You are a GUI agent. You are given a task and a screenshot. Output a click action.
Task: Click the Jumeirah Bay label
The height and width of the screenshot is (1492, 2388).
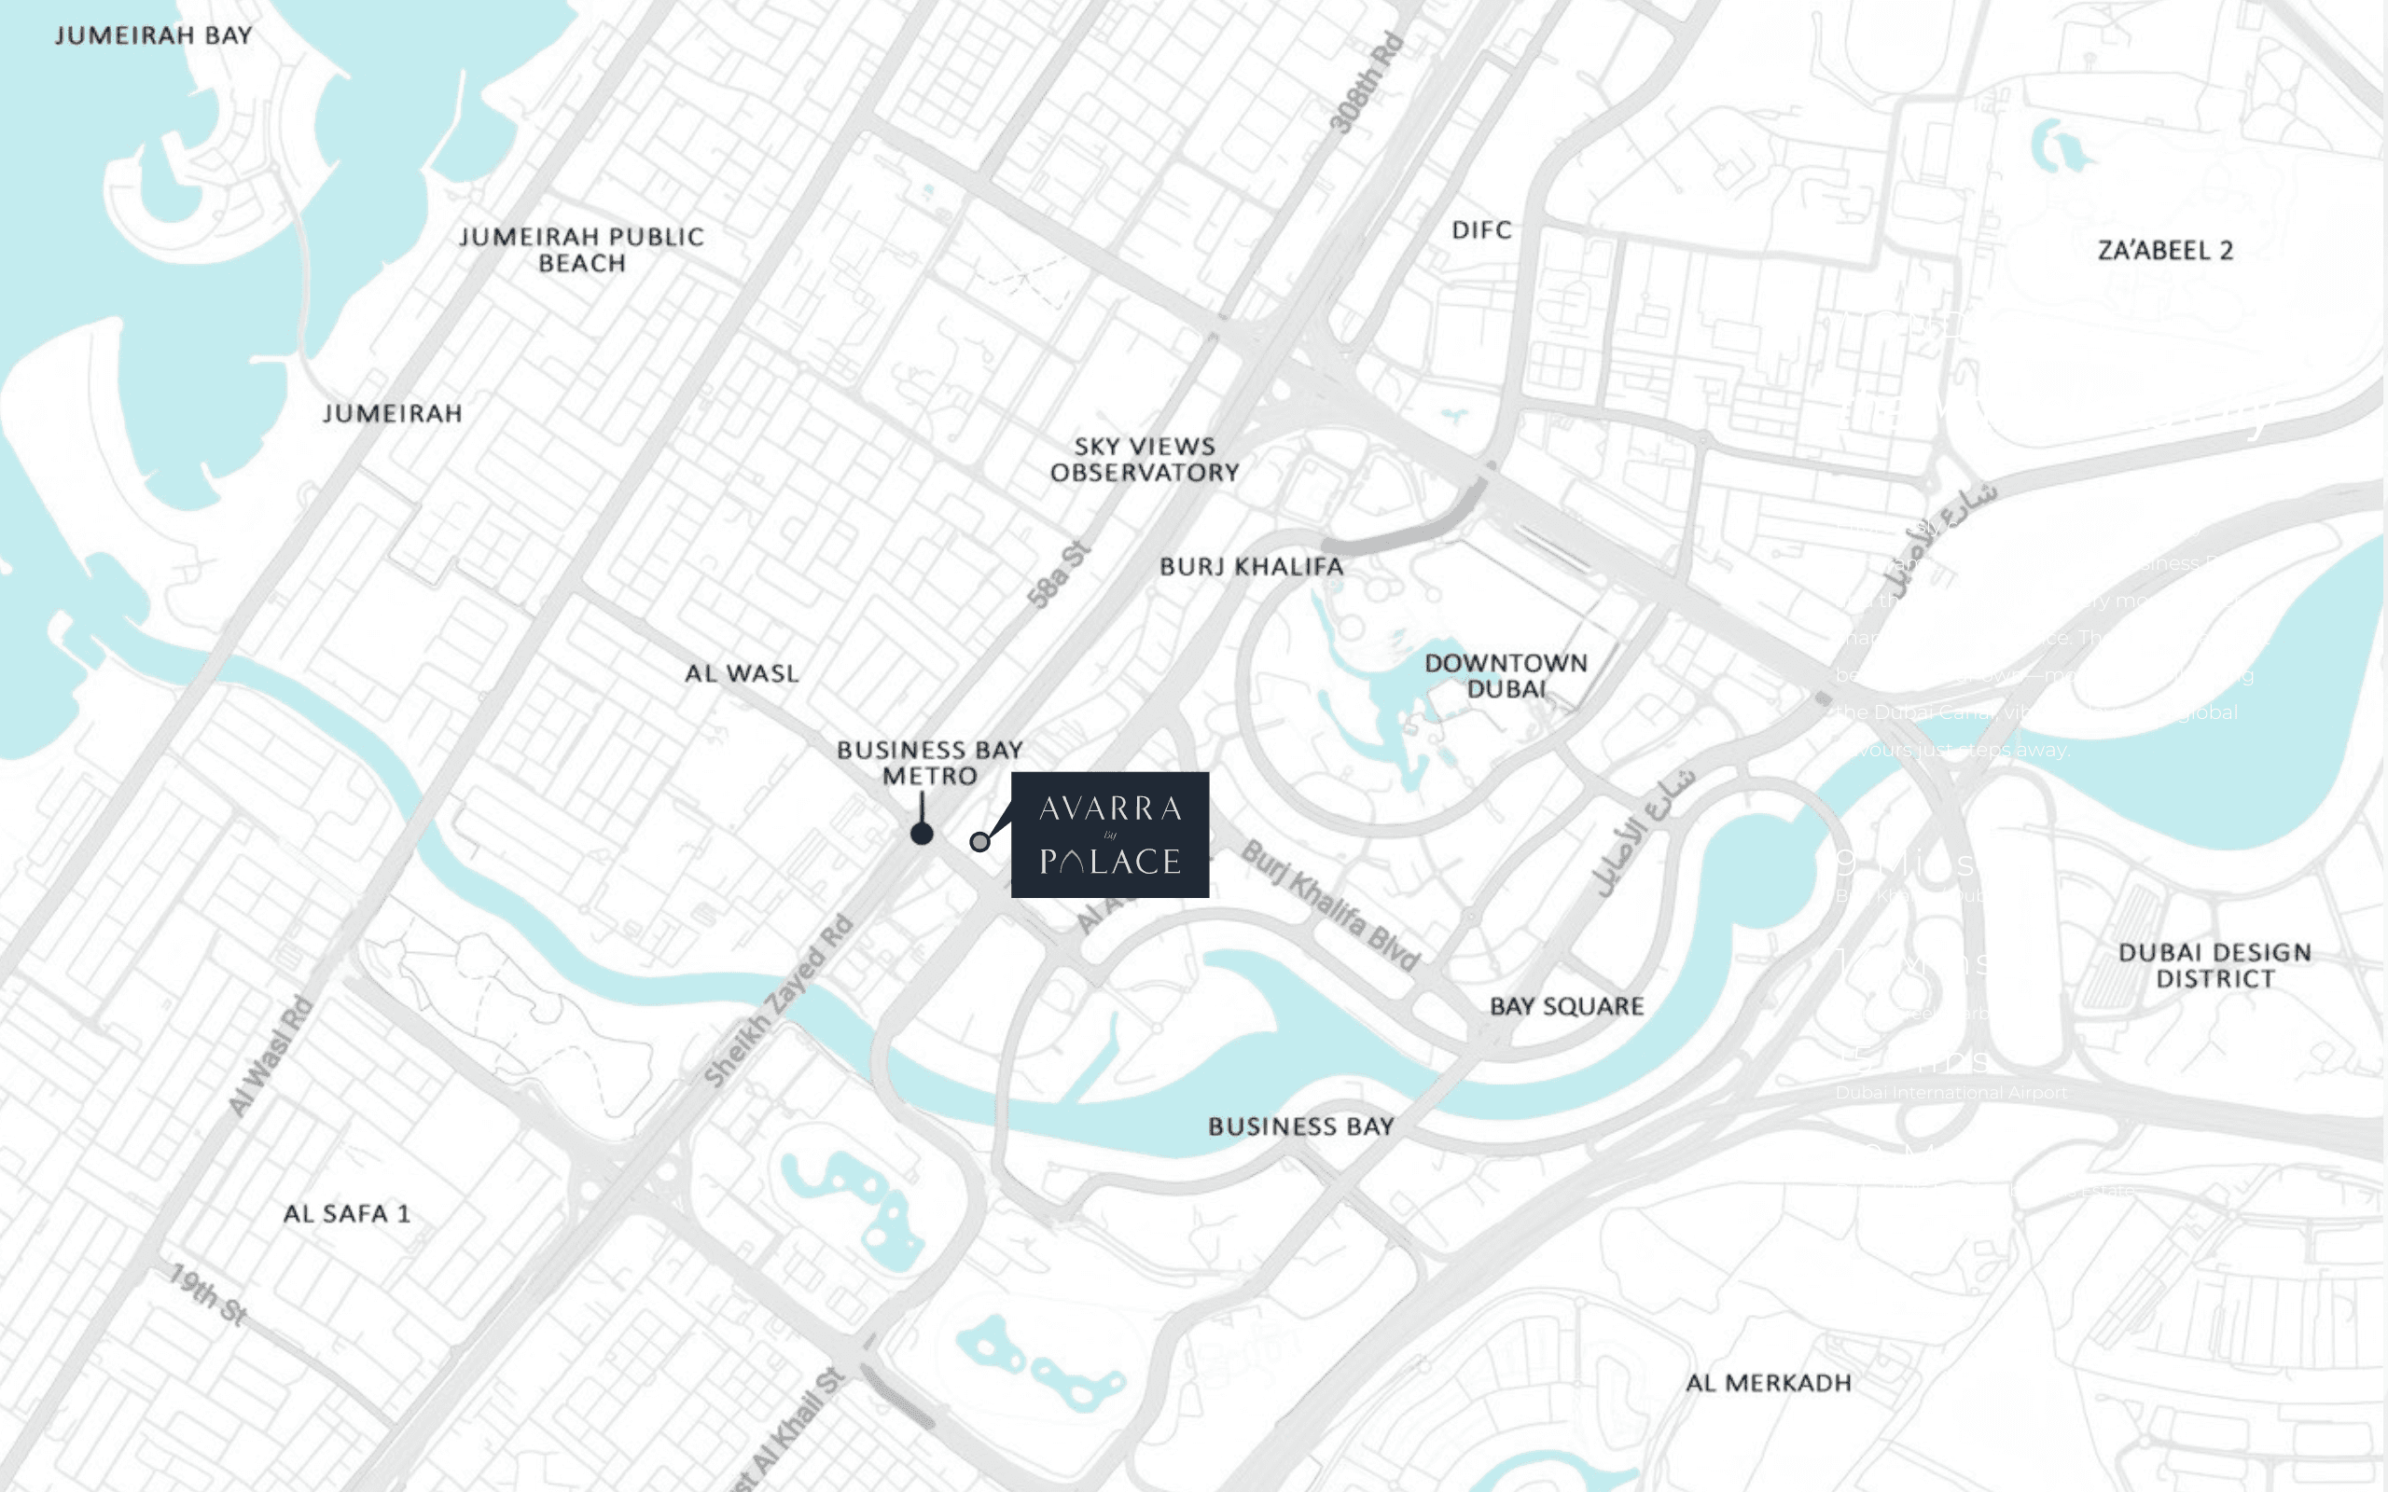point(153,35)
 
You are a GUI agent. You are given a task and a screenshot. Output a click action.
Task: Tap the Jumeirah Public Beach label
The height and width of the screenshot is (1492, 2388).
point(581,250)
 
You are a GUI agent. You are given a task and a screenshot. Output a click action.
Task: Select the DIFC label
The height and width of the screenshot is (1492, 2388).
point(1481,230)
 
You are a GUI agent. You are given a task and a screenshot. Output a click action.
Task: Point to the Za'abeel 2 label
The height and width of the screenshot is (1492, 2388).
point(2165,251)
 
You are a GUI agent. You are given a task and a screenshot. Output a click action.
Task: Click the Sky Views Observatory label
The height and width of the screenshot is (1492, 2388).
point(1145,460)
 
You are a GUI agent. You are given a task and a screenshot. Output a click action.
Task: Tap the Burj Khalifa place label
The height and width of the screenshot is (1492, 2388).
point(1251,567)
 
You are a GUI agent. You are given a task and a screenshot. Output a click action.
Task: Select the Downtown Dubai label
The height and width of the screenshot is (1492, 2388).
point(1506,676)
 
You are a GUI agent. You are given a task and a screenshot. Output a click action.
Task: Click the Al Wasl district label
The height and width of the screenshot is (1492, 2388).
point(743,674)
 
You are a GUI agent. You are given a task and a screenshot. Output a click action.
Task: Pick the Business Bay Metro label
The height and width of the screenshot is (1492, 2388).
point(929,763)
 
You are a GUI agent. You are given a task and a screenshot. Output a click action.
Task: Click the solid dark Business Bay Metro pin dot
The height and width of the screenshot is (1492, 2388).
point(922,835)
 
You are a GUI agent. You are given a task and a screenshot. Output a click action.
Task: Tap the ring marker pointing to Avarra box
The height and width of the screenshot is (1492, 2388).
point(979,842)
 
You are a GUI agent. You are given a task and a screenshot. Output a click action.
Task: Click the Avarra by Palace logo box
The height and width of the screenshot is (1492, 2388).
point(1109,835)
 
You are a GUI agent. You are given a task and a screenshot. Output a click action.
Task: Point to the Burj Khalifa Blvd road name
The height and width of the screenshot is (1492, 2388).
point(1330,905)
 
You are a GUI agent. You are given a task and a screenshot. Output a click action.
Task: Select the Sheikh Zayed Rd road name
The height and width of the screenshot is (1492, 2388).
point(779,1001)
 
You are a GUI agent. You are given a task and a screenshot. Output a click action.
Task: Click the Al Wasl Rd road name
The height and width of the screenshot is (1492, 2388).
point(271,1057)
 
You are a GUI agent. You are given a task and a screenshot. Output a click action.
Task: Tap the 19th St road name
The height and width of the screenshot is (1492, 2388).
point(208,1293)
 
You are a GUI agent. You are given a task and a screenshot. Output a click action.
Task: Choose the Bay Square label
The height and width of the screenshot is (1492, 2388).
point(1566,1006)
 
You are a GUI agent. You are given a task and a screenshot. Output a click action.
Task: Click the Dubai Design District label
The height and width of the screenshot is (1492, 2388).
point(2214,966)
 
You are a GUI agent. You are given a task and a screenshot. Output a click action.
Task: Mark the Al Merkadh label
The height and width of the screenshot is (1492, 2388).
point(1768,1384)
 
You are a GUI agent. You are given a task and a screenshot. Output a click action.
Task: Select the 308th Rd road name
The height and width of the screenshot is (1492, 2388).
point(1366,83)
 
